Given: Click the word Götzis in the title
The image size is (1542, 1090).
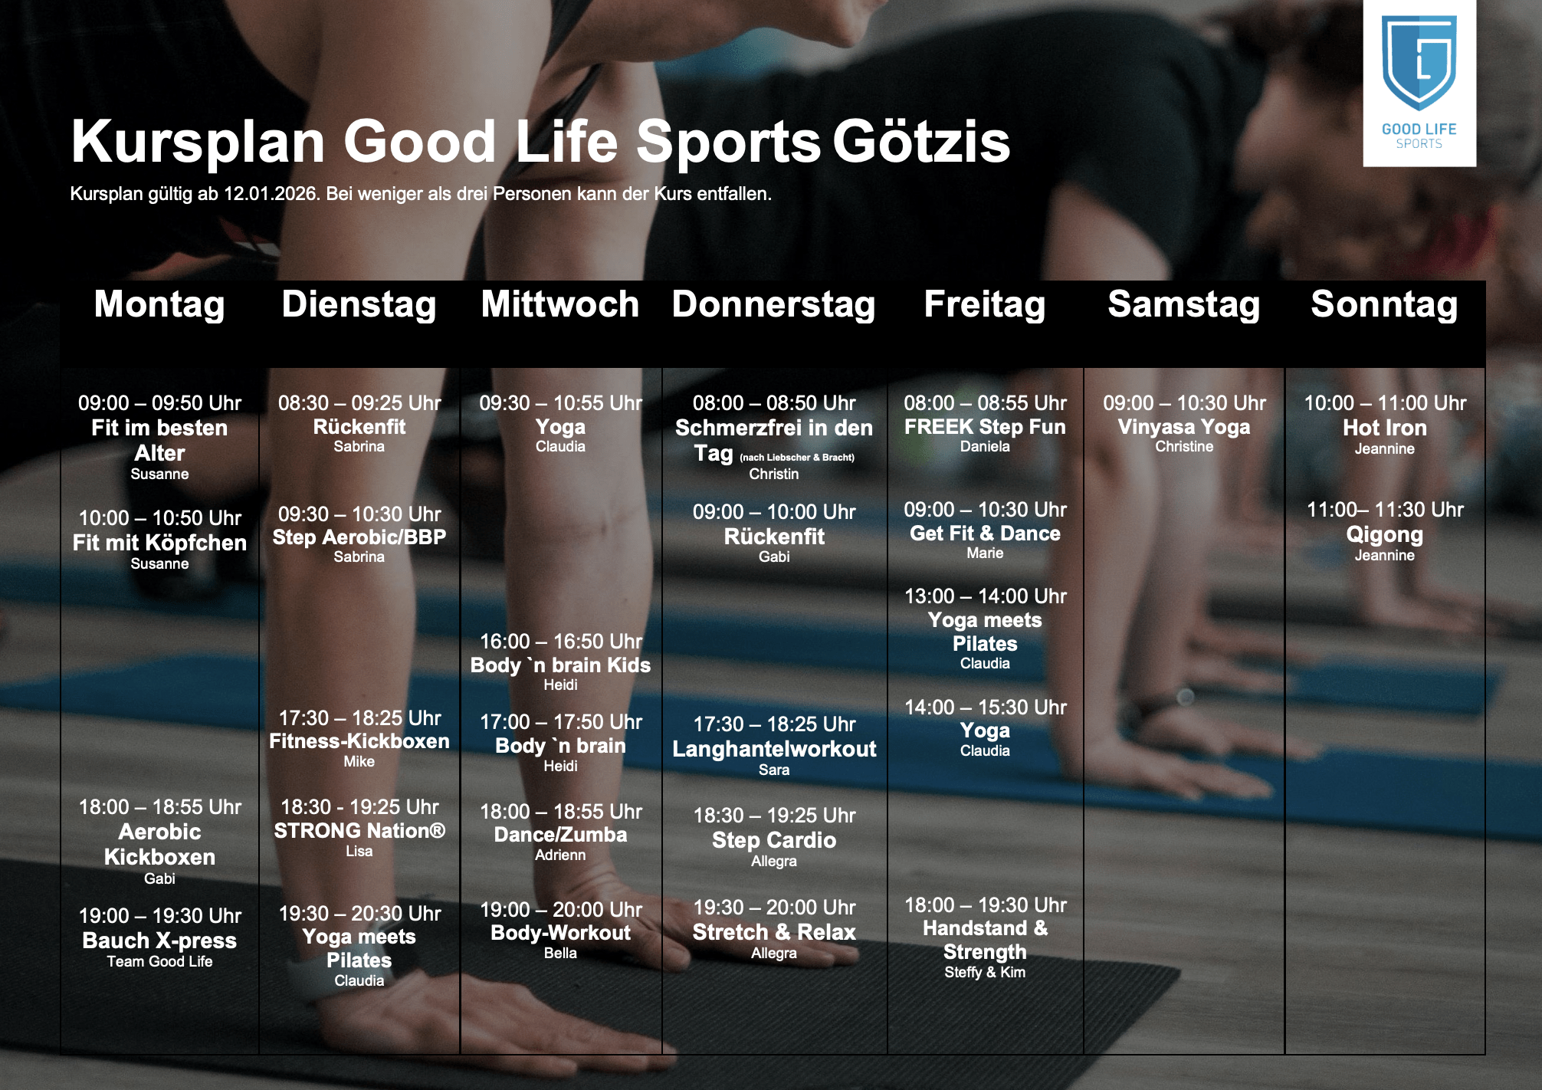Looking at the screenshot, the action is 922,142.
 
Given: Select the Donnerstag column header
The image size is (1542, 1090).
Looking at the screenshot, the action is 774,304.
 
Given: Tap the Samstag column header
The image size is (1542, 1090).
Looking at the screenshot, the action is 1184,304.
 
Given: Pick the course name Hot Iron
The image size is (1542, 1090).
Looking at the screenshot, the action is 1385,428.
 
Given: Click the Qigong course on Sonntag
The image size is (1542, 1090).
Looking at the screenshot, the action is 1385,535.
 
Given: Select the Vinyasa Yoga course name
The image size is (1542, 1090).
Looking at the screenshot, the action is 1184,428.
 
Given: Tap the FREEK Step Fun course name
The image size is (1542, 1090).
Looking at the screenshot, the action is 985,427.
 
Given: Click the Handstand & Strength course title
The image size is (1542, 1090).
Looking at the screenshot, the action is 985,940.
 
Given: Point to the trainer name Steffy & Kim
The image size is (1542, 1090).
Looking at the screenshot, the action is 985,972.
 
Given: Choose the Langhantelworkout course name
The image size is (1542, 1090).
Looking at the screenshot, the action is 774,749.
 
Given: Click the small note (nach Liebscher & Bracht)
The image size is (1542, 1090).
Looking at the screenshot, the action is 797,458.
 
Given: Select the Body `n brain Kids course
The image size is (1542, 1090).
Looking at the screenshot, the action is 560,665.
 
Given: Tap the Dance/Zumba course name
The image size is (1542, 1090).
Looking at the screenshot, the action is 560,835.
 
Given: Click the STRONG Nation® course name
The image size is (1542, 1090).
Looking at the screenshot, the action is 359,831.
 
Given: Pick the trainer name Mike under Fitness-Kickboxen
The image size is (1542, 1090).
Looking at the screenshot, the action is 359,761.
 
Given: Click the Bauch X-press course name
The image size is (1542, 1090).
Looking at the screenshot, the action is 159,941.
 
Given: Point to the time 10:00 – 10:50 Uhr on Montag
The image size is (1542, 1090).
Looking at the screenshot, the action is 159,518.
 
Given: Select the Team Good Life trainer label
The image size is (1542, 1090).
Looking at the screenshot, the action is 159,961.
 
